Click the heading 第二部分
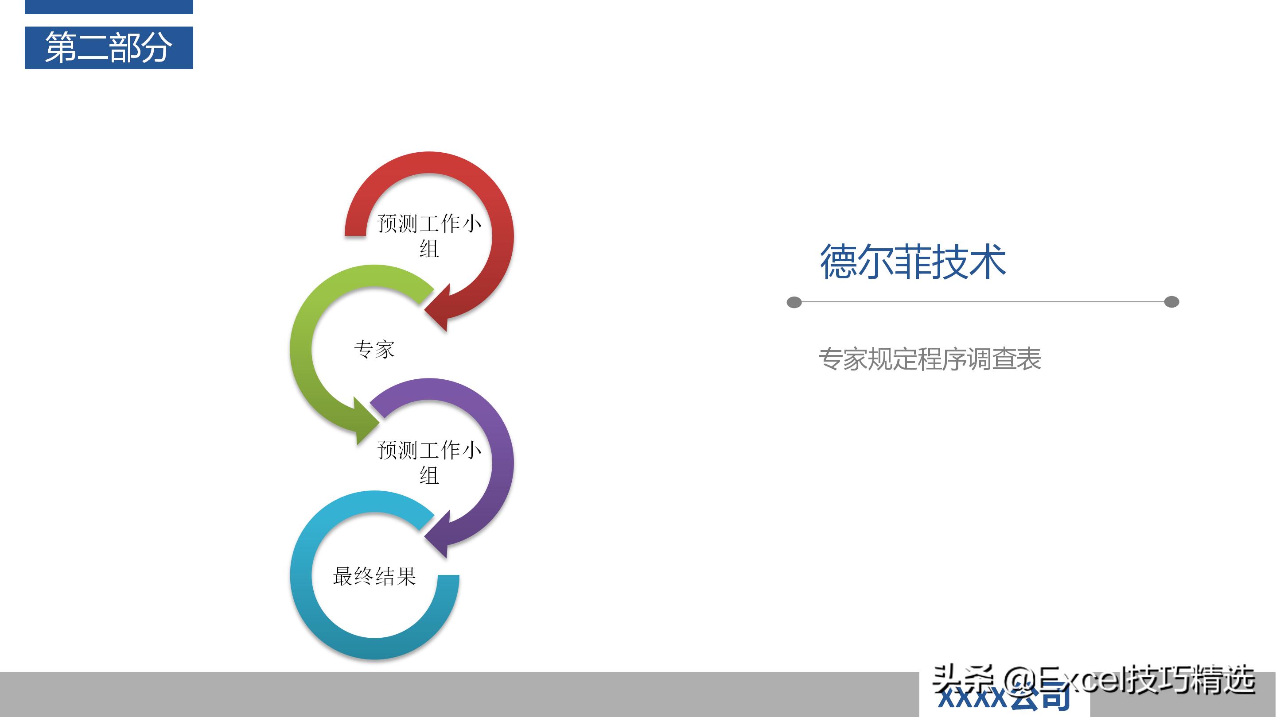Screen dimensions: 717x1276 [x=109, y=47]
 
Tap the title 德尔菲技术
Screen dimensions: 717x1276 [x=912, y=261]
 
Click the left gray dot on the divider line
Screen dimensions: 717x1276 [x=794, y=302]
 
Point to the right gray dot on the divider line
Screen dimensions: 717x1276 [x=1171, y=302]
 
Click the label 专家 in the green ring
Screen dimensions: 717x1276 [x=374, y=349]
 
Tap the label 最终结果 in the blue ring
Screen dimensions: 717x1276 [x=374, y=576]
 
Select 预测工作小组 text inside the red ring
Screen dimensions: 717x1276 [x=429, y=235]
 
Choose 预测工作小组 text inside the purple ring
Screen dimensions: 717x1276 [x=429, y=462]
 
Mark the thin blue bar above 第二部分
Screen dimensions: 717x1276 [x=109, y=7]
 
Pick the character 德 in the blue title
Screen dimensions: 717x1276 [x=838, y=261]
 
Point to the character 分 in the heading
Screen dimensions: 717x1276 [x=156, y=47]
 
